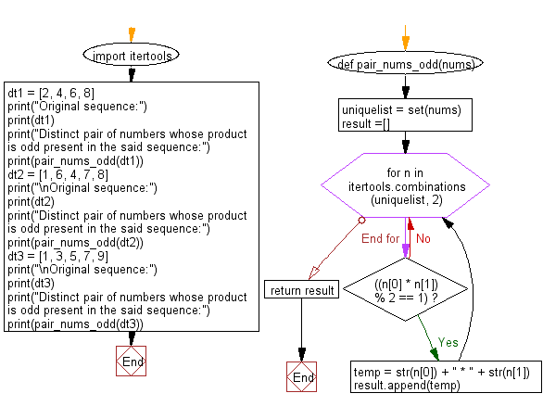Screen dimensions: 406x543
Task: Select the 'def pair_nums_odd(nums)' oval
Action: [405, 66]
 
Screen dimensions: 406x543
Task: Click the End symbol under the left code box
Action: [130, 361]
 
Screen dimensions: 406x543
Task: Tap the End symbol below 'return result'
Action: [302, 378]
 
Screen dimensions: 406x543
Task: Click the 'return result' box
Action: [302, 291]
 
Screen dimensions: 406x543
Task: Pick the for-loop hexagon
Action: [405, 188]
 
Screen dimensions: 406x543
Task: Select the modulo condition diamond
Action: [405, 288]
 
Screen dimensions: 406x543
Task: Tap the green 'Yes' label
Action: [448, 342]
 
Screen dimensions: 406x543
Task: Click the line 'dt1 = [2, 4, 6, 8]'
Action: [51, 93]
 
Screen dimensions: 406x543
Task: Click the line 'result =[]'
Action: [366, 122]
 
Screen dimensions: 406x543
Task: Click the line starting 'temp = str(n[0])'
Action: [441, 372]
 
